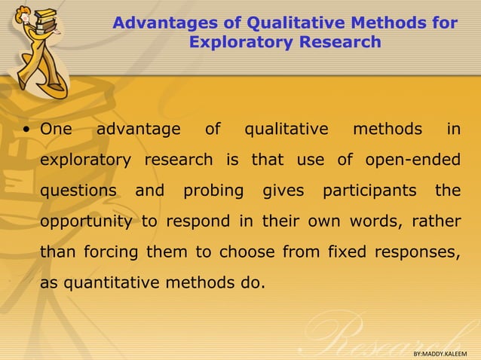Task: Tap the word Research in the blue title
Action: point(340,42)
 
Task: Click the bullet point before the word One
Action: point(26,130)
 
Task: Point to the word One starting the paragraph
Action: point(56,130)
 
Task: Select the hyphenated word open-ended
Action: point(412,160)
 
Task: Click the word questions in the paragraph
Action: point(78,191)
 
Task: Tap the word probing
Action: point(213,191)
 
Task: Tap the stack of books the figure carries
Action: point(45,20)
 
